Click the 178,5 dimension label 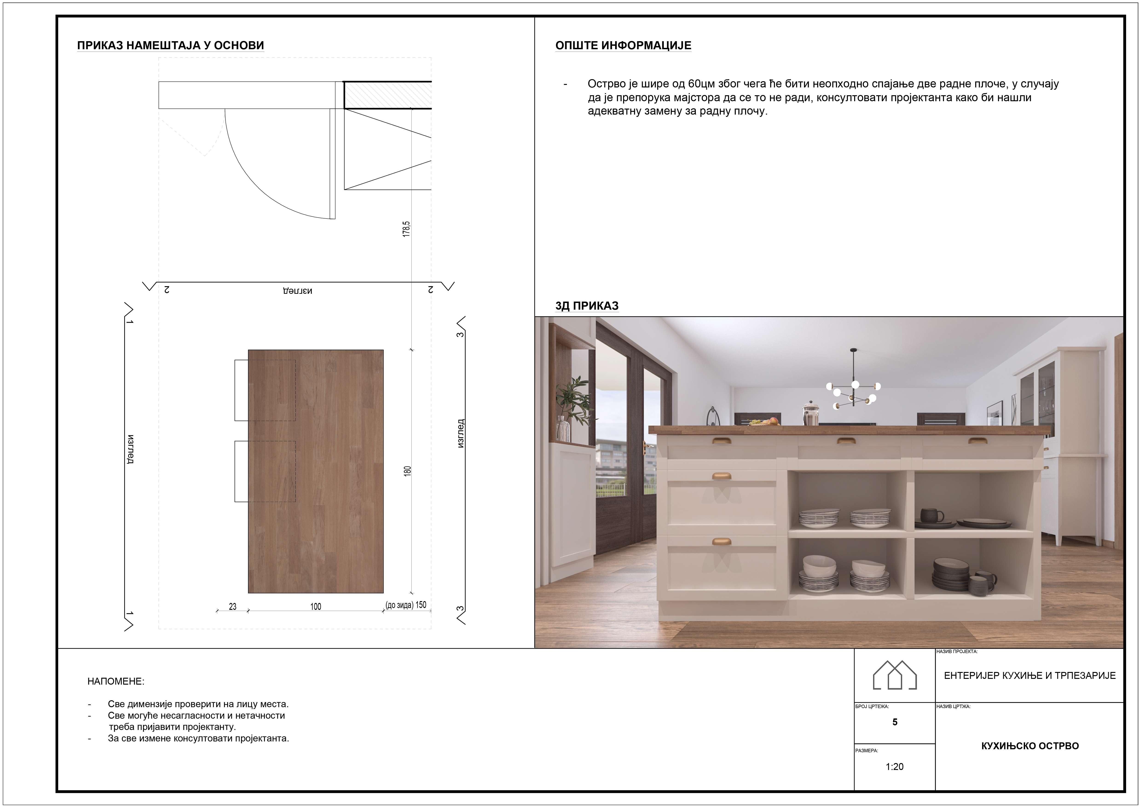(406, 229)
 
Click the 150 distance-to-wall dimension (421, 605)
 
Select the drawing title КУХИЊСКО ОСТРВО (1029, 746)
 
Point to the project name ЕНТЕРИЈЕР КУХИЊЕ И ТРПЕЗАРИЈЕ (1029, 675)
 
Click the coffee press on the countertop (810, 414)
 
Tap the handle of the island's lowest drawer (721, 542)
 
